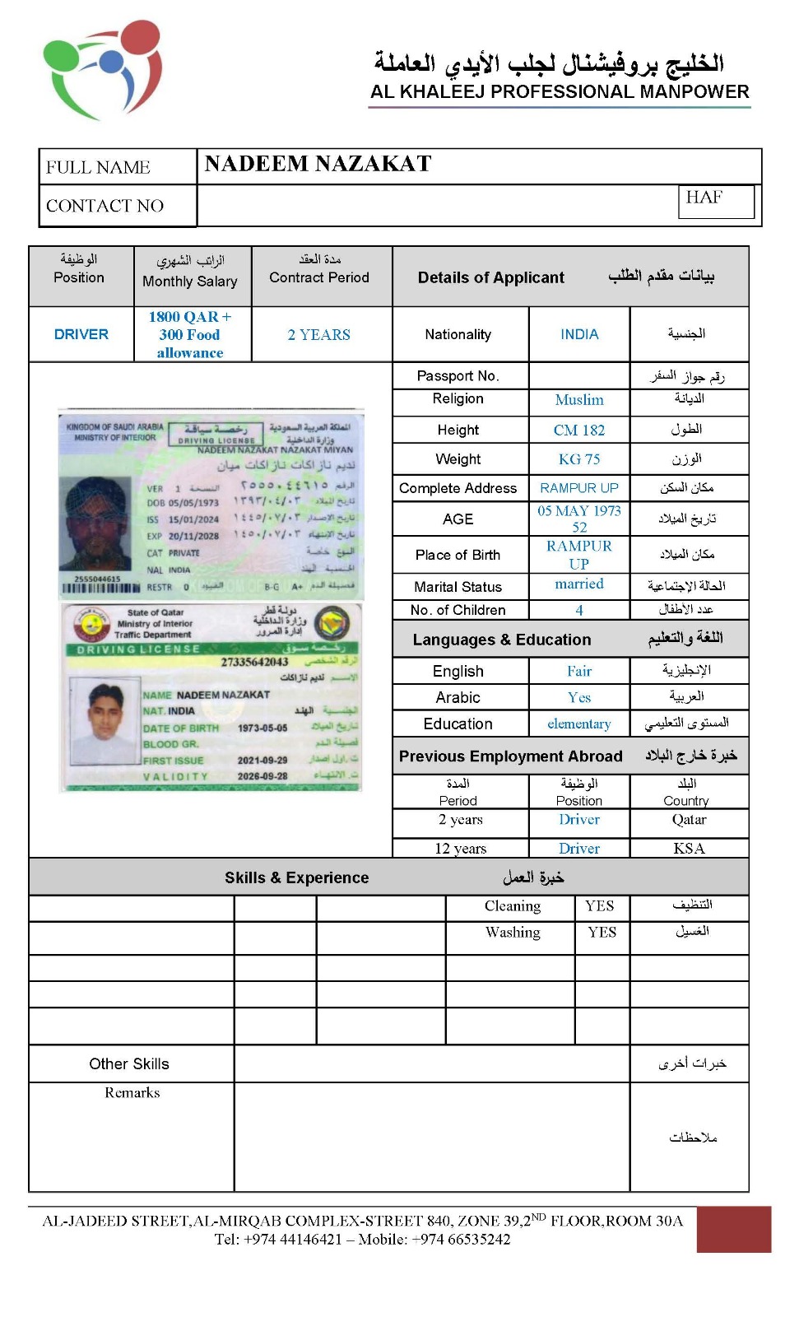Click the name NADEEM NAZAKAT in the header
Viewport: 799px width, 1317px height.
click(318, 164)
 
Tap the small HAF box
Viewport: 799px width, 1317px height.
click(715, 201)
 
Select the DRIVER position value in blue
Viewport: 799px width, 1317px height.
click(81, 334)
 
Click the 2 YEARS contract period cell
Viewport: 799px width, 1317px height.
click(318, 335)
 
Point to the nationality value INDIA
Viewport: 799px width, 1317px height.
click(579, 334)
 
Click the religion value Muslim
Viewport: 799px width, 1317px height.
click(579, 400)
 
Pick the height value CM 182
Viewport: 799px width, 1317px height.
click(579, 430)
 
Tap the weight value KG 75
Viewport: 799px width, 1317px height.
click(579, 459)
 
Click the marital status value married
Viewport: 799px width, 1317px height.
click(579, 584)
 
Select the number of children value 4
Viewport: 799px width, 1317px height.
click(579, 610)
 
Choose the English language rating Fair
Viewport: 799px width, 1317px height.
click(579, 671)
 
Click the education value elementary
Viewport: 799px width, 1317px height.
click(579, 724)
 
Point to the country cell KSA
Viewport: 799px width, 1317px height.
click(689, 849)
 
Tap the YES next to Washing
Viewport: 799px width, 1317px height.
click(602, 933)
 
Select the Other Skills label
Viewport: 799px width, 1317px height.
click(129, 1063)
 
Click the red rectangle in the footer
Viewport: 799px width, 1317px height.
click(733, 1229)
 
